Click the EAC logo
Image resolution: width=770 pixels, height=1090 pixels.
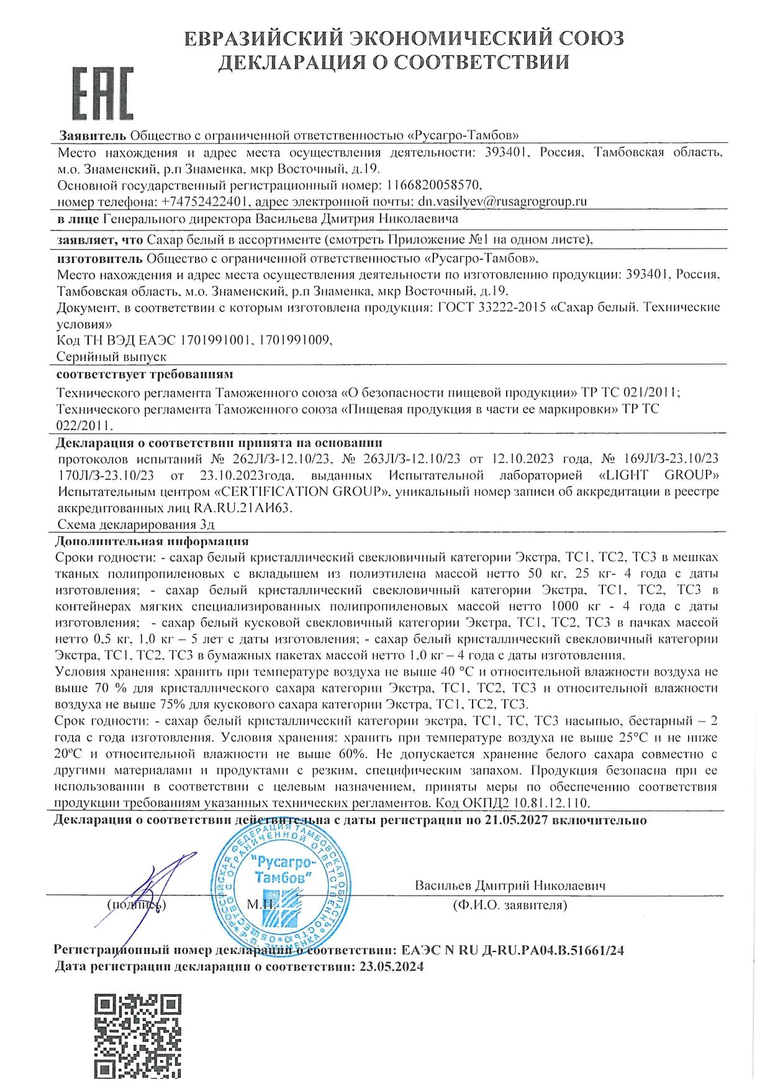pos(103,93)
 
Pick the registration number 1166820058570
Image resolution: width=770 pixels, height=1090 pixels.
pos(433,185)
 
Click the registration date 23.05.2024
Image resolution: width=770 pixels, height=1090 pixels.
pos(389,966)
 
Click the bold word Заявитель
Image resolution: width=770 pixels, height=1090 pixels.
pos(93,135)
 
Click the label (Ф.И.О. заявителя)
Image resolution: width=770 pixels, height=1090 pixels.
pos(510,905)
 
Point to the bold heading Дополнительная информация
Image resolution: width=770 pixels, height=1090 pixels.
pos(152,541)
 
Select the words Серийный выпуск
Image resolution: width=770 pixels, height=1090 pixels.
pos(112,357)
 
